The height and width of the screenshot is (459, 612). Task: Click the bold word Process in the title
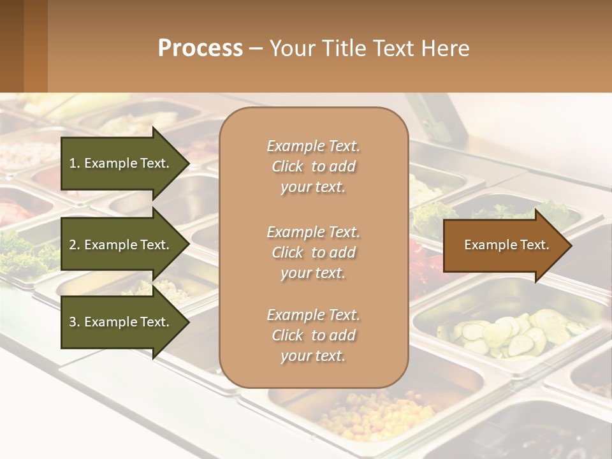200,48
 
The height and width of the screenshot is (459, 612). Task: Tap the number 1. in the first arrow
75,163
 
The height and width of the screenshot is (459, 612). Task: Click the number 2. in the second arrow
75,245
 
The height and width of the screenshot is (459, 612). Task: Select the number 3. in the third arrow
75,322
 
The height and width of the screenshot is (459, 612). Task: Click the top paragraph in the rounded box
313,166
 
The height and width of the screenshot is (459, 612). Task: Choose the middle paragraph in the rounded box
313,252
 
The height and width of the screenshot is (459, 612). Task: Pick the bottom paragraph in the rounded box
313,335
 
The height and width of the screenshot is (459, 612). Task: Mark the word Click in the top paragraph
288,166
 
